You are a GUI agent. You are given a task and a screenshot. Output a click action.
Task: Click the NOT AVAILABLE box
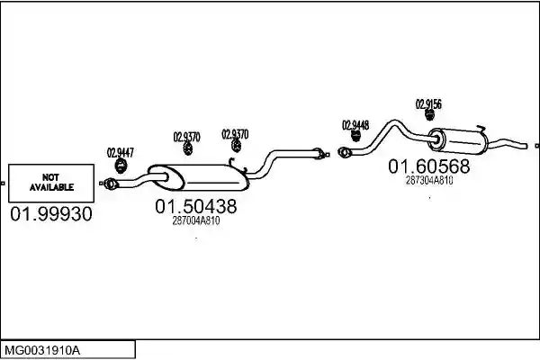pyautogui.click(x=51, y=183)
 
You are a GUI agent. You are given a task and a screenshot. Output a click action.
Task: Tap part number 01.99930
pyautogui.click(x=51, y=214)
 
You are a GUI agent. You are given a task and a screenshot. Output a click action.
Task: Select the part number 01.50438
pyautogui.click(x=196, y=206)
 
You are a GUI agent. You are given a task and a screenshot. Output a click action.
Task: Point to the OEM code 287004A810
pyautogui.click(x=196, y=220)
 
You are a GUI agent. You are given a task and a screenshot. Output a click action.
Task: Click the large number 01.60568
pyautogui.click(x=428, y=166)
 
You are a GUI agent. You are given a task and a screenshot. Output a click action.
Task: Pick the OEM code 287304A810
pyautogui.click(x=429, y=181)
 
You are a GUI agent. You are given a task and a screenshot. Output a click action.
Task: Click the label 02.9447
pyautogui.click(x=121, y=153)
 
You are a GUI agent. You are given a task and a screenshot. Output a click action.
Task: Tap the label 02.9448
pyautogui.click(x=355, y=125)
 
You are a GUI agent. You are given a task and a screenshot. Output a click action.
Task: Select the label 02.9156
pyautogui.click(x=428, y=104)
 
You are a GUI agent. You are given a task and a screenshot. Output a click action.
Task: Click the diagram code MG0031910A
pyautogui.click(x=42, y=351)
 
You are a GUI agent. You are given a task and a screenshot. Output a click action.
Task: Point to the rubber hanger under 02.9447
pyautogui.click(x=121, y=166)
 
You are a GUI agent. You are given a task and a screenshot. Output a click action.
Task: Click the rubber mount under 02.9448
pyautogui.click(x=355, y=136)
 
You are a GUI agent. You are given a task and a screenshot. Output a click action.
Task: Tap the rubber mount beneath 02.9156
pyautogui.click(x=429, y=115)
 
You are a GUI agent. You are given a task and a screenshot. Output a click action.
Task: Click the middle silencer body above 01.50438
pyautogui.click(x=198, y=178)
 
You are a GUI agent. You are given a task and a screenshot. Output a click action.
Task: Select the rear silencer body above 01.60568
pyautogui.click(x=457, y=141)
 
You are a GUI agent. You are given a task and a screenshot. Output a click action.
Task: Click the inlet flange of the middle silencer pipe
pyautogui.click(x=111, y=184)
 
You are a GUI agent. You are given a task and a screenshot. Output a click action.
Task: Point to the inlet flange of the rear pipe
pyautogui.click(x=344, y=152)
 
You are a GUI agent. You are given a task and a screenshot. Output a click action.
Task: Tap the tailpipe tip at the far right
pyautogui.click(x=526, y=146)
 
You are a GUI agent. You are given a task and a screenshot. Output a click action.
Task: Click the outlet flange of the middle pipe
pyautogui.click(x=319, y=154)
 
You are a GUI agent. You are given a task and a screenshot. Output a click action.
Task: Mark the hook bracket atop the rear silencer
pyautogui.click(x=481, y=129)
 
